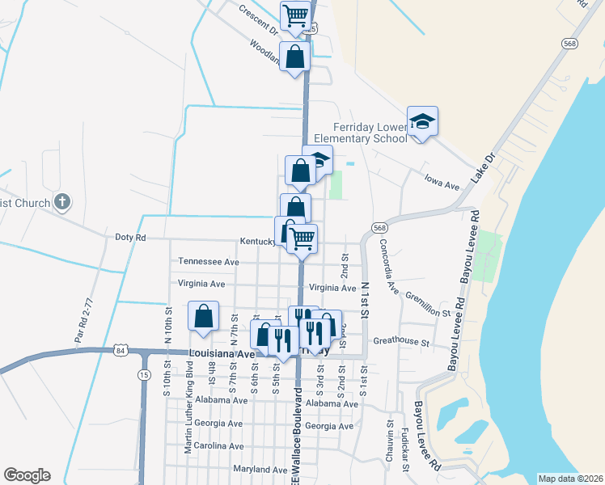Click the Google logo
click(x=27, y=475)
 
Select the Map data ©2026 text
click(x=570, y=479)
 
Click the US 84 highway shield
click(x=121, y=350)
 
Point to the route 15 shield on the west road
click(x=144, y=375)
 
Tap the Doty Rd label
click(x=130, y=238)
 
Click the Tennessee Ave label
click(x=209, y=262)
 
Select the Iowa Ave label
click(x=442, y=186)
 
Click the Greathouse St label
click(x=401, y=342)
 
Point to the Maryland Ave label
click(x=260, y=470)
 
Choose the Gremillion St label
click(x=427, y=305)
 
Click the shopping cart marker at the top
click(x=296, y=15)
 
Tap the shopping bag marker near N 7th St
click(x=204, y=316)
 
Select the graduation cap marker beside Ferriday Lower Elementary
click(x=422, y=121)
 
